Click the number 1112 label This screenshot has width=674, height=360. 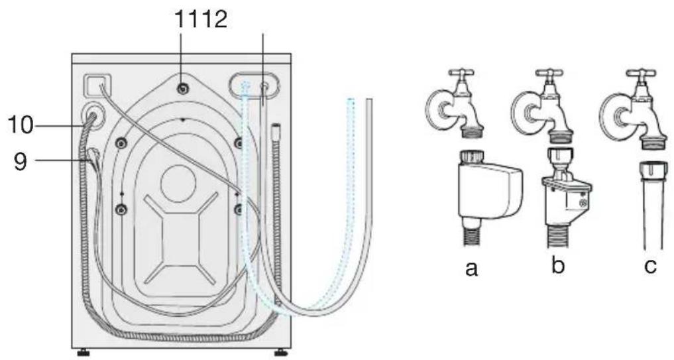click(x=201, y=19)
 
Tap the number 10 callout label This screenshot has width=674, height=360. click(x=20, y=126)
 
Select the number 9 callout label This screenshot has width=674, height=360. click(x=21, y=161)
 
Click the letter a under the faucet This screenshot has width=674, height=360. click(x=471, y=269)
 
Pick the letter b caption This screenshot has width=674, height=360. click(x=557, y=265)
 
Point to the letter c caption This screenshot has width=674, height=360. click(x=650, y=266)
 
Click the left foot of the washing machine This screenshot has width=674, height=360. click(x=83, y=353)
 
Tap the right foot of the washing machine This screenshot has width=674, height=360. click(x=281, y=353)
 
